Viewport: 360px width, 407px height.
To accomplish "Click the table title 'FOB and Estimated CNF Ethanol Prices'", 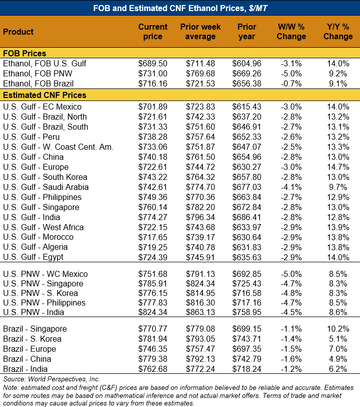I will click(180, 8).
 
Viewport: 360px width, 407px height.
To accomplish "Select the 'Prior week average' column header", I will click(200, 32).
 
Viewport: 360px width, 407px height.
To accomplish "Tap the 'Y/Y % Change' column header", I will click(338, 32).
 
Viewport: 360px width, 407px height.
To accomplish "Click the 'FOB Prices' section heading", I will click(25, 53).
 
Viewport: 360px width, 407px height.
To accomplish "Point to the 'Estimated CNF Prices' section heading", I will click(45, 95).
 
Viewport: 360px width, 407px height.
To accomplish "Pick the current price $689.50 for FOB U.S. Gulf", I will click(153, 63).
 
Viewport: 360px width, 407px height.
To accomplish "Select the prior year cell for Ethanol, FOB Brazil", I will click(247, 83).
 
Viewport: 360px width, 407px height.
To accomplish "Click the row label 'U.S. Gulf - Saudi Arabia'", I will click(46, 187).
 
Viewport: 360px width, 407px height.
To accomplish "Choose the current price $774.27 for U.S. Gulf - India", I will click(153, 217).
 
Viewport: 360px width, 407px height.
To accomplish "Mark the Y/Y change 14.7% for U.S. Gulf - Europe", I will click(338, 167).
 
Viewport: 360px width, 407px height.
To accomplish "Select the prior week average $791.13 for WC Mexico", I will click(200, 274).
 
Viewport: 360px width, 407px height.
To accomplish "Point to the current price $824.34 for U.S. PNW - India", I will click(153, 312).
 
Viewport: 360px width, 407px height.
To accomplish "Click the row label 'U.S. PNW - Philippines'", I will click(45, 302).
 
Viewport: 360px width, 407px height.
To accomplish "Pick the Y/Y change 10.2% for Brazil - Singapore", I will click(338, 329).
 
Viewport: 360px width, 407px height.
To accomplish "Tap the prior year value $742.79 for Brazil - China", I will click(247, 359).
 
